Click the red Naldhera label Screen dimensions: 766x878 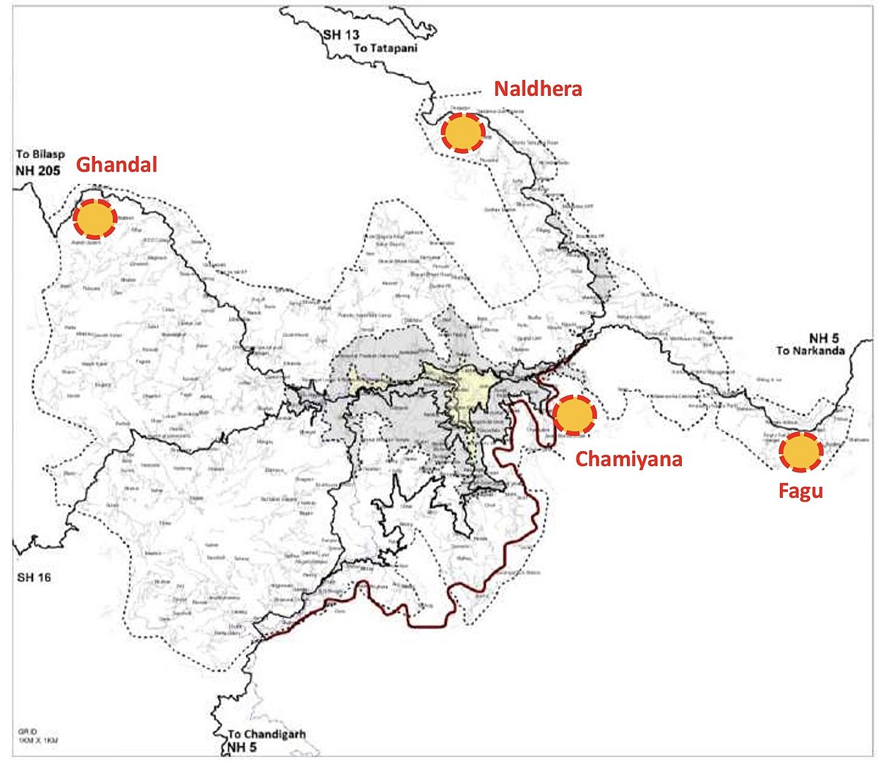[538, 89]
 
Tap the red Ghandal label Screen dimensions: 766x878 [117, 165]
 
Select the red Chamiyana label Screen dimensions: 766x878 [629, 459]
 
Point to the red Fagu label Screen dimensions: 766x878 [800, 491]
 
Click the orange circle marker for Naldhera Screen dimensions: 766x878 [462, 133]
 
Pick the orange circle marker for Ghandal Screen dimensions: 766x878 [95, 219]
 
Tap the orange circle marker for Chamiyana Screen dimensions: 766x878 [574, 415]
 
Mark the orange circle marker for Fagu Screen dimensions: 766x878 [801, 452]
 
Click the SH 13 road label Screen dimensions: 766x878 [341, 34]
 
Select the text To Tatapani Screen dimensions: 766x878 [386, 48]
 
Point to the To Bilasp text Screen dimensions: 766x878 [40, 155]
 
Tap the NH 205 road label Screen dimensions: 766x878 [38, 170]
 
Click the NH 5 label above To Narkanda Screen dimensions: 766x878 [823, 338]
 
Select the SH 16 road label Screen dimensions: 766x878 [34, 578]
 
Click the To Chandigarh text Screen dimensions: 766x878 [266, 735]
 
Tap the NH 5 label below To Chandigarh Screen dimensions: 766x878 [239, 748]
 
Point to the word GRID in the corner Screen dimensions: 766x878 [28, 732]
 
